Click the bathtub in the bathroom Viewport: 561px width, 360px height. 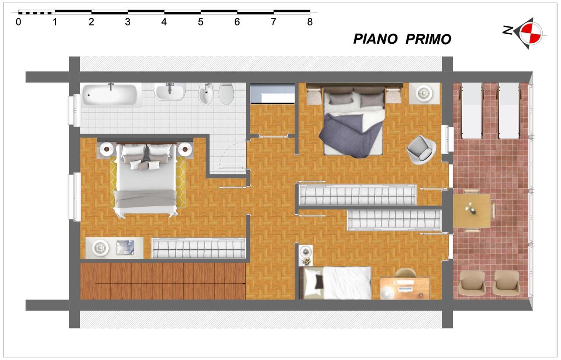pyautogui.click(x=110, y=95)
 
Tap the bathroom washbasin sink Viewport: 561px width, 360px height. pyautogui.click(x=170, y=92)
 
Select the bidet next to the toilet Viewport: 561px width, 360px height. pyautogui.click(x=206, y=94)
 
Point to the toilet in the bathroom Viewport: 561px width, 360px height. pyautogui.click(x=227, y=94)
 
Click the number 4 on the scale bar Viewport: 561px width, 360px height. pyautogui.click(x=164, y=22)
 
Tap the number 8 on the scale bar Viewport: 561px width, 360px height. pyautogui.click(x=310, y=22)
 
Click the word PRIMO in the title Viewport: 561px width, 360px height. pyautogui.click(x=428, y=39)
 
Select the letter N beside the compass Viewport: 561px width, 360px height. pyautogui.click(x=508, y=30)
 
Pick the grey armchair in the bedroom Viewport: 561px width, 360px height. pyautogui.click(x=421, y=150)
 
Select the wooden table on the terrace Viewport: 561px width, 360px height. pyautogui.click(x=472, y=211)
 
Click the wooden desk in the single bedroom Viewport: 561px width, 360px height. pyautogui.click(x=405, y=288)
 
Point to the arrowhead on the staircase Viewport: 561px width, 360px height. pyautogui.click(x=244, y=284)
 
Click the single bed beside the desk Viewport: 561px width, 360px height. pyautogui.click(x=336, y=283)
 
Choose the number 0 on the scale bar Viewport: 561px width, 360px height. pyautogui.click(x=18, y=22)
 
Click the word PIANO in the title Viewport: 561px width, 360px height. pyautogui.click(x=375, y=39)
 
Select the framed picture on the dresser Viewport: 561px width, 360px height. pyautogui.click(x=125, y=247)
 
